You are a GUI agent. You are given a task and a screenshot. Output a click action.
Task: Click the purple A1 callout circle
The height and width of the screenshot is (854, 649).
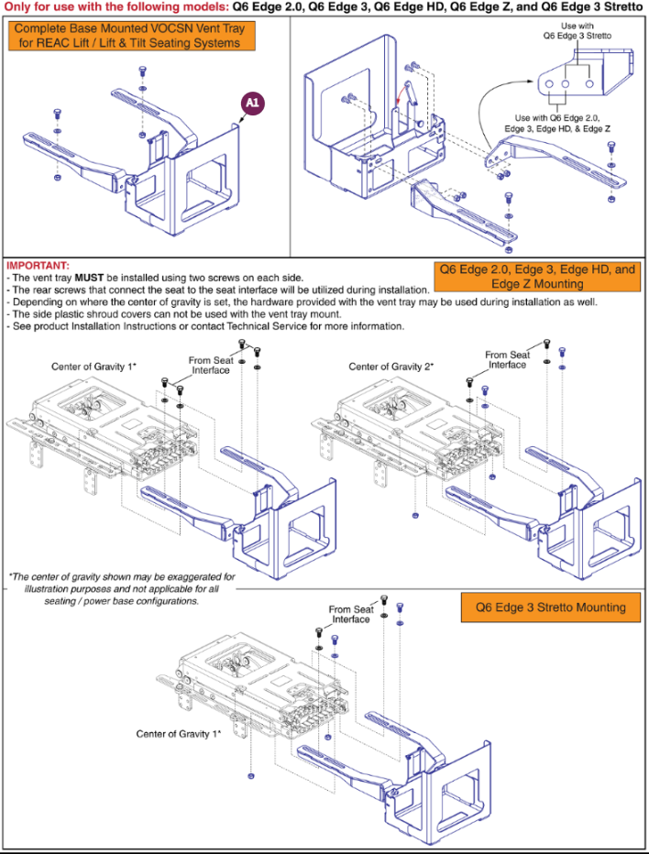coord(251,105)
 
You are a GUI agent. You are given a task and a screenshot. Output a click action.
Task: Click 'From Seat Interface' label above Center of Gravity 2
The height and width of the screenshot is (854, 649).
coord(507,359)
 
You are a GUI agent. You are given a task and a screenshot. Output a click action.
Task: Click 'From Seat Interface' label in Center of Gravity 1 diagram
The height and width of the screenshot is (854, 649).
coord(210,366)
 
